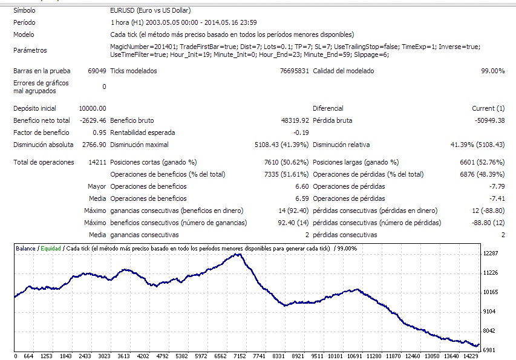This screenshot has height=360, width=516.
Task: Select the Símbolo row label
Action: coord(24,10)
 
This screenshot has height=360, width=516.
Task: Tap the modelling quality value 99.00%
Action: coord(492,71)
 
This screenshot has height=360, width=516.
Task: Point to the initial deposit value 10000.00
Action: coord(93,108)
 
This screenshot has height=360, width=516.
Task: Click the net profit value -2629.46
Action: coord(92,120)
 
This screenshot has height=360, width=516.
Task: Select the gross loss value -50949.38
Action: coord(488,120)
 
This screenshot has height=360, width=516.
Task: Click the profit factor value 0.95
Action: coord(99,133)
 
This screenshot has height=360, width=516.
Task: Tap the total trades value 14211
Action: coord(96,162)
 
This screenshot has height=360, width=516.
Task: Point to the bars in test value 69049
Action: coord(97,71)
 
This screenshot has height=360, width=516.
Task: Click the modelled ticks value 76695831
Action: coord(295,71)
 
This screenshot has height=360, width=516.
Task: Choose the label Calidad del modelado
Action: coord(343,71)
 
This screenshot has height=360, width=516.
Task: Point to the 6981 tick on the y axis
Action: coord(489,350)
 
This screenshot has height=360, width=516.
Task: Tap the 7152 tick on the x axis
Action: coord(240,356)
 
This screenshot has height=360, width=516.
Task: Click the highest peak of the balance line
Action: coord(239,254)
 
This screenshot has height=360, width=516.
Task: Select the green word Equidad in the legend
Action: coord(51,248)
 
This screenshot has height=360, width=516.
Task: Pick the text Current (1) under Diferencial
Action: coord(488,108)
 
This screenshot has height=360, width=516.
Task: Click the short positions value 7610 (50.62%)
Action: coord(286,162)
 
